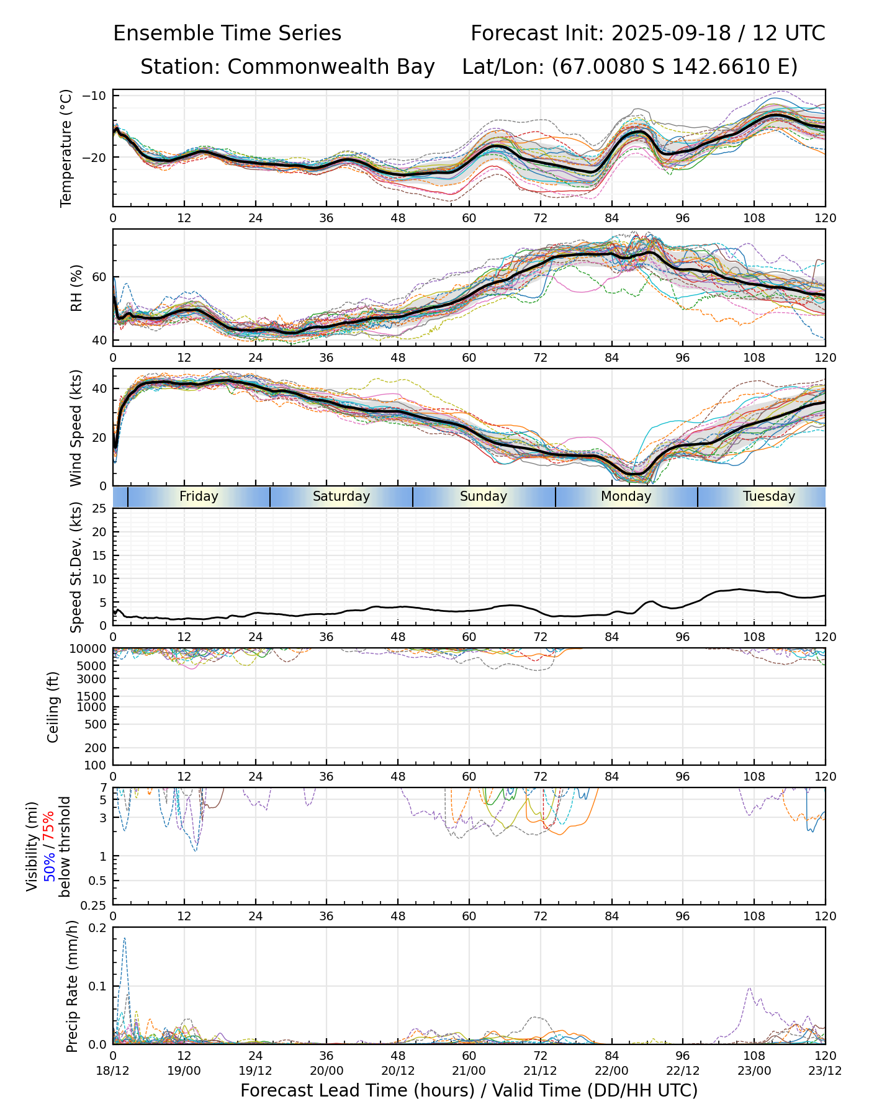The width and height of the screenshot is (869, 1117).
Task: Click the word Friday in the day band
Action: click(x=199, y=496)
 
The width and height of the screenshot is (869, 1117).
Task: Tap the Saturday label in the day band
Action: click(x=341, y=496)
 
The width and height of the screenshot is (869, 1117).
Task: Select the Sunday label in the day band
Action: click(x=484, y=496)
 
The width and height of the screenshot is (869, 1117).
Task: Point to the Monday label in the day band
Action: click(x=626, y=496)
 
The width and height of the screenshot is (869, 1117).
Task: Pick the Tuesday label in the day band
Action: click(x=769, y=496)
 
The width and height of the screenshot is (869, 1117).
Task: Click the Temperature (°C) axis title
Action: click(x=66, y=148)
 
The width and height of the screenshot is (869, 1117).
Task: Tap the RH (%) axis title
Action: click(x=76, y=288)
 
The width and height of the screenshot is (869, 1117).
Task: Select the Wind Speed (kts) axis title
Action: click(x=76, y=428)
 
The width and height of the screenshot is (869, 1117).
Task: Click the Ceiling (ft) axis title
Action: click(x=53, y=707)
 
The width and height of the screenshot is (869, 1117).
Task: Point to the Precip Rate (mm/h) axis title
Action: click(x=73, y=986)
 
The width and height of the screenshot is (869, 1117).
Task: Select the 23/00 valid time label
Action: click(x=754, y=1070)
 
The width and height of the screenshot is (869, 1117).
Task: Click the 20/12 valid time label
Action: click(x=398, y=1070)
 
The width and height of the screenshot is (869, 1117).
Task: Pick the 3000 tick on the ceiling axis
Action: click(x=93, y=679)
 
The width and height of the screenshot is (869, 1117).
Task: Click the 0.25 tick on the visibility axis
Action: click(x=94, y=905)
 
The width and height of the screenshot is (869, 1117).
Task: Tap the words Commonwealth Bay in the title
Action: click(x=331, y=66)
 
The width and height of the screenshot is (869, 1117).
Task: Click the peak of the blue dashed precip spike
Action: click(x=125, y=938)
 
